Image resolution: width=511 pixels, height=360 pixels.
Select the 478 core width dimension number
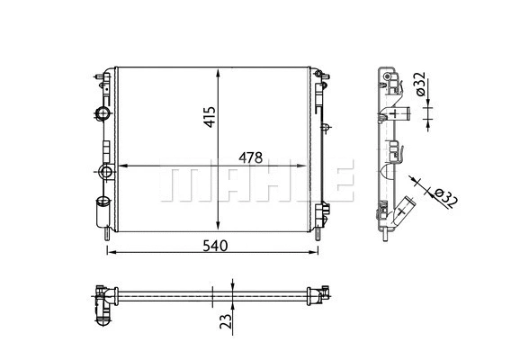tap(249, 157)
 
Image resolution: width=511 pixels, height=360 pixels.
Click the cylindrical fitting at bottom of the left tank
tap(102, 214)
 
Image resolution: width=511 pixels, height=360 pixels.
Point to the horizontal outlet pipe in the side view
tap(401, 113)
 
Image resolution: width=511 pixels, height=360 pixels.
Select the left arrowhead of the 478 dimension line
tap(123, 166)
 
